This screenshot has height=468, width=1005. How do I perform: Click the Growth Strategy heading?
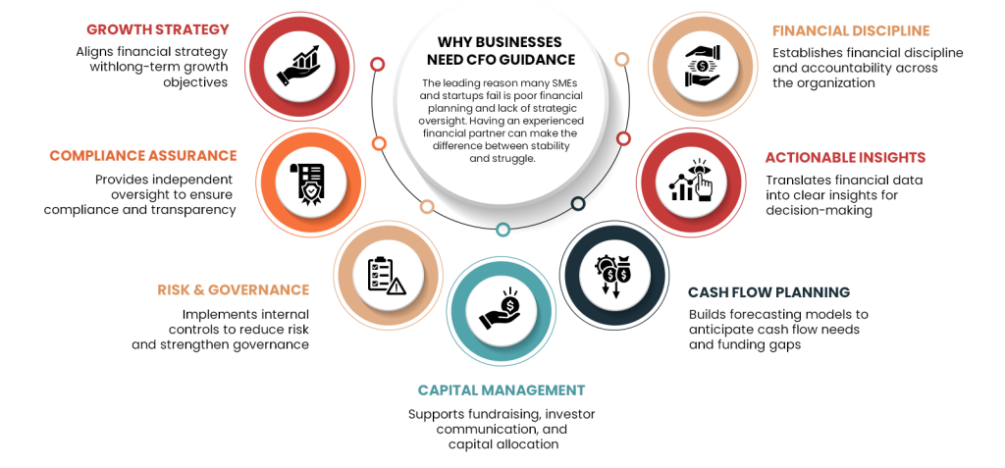(157, 29)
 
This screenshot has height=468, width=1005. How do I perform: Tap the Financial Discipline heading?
(851, 30)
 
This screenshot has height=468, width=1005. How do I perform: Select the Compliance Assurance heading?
(143, 155)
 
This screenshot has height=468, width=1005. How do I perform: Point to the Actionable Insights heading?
(845, 158)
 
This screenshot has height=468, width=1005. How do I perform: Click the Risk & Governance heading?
(233, 289)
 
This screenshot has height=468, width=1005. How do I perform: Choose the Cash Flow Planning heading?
(768, 292)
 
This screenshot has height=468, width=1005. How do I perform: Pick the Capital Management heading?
(502, 390)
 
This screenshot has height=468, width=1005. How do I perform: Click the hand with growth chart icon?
(298, 66)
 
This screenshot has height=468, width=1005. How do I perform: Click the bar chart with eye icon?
(694, 180)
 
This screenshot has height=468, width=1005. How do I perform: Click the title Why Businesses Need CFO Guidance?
(501, 51)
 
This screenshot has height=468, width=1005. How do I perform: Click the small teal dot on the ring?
(502, 230)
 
